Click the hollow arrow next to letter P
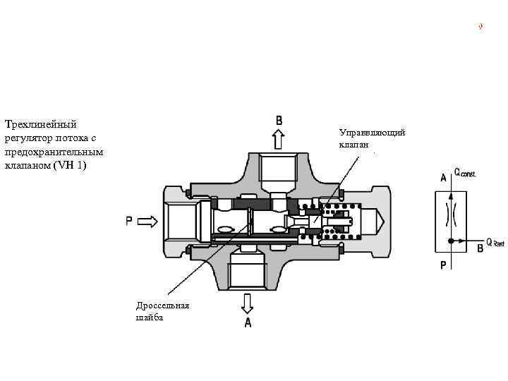[x=147, y=222]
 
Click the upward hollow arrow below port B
[x=278, y=139]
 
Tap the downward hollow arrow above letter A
[x=247, y=303]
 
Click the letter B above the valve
[x=279, y=121]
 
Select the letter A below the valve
[x=248, y=322]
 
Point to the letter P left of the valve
[x=129, y=222]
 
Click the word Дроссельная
[x=163, y=306]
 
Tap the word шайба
[x=150, y=317]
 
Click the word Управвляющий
[x=372, y=133]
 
